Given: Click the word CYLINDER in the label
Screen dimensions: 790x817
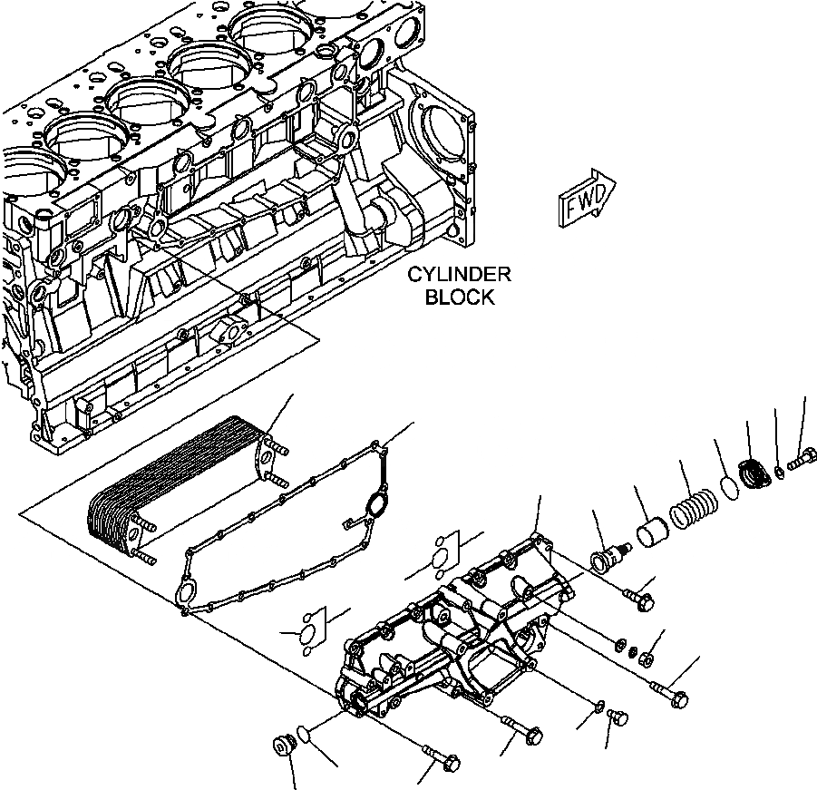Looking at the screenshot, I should tap(459, 275).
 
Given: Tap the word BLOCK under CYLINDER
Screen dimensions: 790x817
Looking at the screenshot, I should tap(460, 297).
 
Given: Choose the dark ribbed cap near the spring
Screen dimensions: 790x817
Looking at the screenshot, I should tap(754, 473).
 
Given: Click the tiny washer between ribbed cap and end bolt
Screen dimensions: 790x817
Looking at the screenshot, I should tap(779, 470).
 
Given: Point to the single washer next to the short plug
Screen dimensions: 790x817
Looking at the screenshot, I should tap(600, 706).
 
